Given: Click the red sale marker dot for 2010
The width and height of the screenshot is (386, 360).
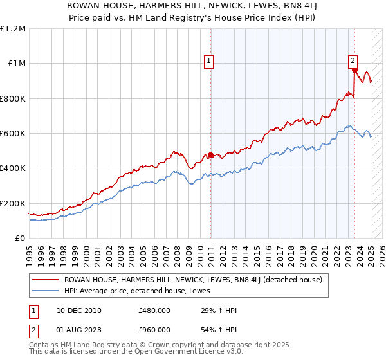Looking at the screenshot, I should pyautogui.click(x=210, y=155).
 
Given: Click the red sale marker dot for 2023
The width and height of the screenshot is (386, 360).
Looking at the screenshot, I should pyautogui.click(x=354, y=71).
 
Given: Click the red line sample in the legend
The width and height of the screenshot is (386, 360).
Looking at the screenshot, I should pyautogui.click(x=46, y=280).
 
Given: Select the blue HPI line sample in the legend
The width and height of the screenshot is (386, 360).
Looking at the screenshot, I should pyautogui.click(x=46, y=291).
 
